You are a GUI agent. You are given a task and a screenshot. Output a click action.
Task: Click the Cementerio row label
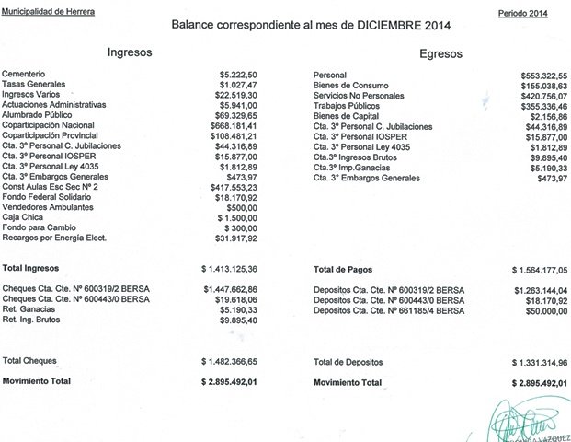pos(25,74)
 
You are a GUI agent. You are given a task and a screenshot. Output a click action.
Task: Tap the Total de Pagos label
pos(345,269)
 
